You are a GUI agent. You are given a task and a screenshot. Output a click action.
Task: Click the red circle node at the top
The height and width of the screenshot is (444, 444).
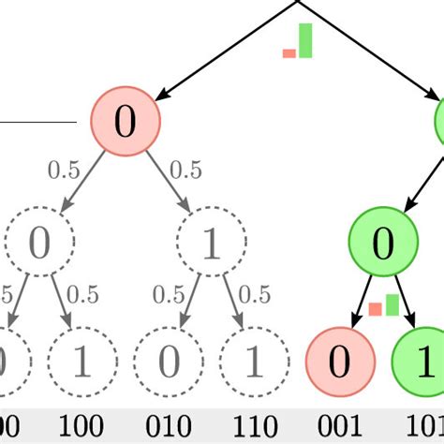(x=125, y=122)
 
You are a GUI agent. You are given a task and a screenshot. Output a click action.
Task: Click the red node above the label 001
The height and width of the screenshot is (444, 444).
(x=341, y=361)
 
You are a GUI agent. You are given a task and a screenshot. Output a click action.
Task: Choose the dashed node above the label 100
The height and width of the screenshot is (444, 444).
(x=81, y=361)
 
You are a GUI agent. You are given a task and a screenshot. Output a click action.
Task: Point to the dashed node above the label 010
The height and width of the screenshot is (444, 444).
(x=168, y=361)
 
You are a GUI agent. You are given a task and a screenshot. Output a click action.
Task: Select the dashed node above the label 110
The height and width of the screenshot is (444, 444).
(x=253, y=361)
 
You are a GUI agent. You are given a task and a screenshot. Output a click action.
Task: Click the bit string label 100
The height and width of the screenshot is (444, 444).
(x=81, y=426)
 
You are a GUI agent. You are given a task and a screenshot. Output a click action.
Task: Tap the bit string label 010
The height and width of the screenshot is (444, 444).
(x=168, y=426)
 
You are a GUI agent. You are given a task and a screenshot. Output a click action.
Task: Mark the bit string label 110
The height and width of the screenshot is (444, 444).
(x=253, y=426)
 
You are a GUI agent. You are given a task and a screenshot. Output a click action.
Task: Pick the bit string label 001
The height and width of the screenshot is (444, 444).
(x=341, y=426)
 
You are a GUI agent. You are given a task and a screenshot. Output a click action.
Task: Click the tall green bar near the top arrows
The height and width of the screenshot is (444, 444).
(x=304, y=41)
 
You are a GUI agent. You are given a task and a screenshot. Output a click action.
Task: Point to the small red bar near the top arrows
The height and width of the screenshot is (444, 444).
(x=289, y=53)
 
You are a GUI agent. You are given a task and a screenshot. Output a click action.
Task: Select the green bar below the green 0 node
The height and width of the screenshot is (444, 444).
(x=392, y=304)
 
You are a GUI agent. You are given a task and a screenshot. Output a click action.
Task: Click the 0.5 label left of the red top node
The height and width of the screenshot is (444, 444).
(x=64, y=170)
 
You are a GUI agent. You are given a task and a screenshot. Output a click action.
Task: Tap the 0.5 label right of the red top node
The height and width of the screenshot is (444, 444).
(x=185, y=170)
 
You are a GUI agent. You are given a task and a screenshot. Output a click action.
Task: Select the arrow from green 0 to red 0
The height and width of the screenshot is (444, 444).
(x=363, y=298)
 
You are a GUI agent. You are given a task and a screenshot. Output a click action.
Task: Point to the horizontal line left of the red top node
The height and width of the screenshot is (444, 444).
(x=37, y=122)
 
